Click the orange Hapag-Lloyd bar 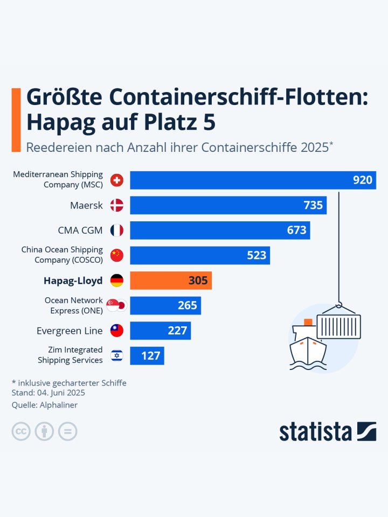point(170,281)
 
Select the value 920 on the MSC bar point(363,180)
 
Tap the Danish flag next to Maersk point(117,205)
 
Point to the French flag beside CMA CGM point(117,230)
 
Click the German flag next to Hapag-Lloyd point(117,281)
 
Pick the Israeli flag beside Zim point(117,355)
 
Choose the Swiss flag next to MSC point(117,180)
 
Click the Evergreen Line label point(70,331)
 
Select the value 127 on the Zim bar point(150,355)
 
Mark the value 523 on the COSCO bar point(257,255)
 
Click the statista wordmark point(315,432)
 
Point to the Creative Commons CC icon point(21,431)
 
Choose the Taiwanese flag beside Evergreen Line point(117,331)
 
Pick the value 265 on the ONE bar point(187,305)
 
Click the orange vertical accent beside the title point(16,120)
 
